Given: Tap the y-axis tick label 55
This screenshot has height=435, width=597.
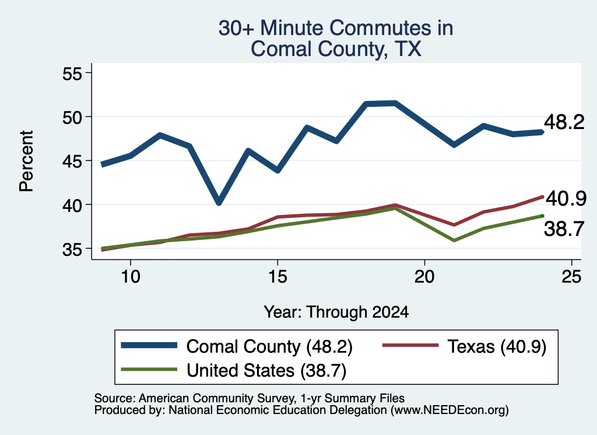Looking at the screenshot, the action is pyautogui.click(x=72, y=73).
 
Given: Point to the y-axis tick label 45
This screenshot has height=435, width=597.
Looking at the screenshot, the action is pyautogui.click(x=72, y=161).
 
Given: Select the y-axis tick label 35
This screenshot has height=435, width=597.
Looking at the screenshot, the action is pyautogui.click(x=72, y=249).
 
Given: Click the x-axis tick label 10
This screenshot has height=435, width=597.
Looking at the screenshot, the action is pyautogui.click(x=131, y=276).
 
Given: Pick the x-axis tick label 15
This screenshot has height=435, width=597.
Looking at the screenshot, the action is pyautogui.click(x=278, y=276).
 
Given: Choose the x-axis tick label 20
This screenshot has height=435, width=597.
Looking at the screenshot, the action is pyautogui.click(x=424, y=276).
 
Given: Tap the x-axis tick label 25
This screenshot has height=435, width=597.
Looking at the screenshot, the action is pyautogui.click(x=571, y=276).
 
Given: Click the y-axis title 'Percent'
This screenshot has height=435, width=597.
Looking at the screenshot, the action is pyautogui.click(x=27, y=161).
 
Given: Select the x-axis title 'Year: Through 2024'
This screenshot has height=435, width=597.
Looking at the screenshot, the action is pyautogui.click(x=336, y=312).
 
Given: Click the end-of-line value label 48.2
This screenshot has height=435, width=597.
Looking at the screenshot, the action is pyautogui.click(x=564, y=123).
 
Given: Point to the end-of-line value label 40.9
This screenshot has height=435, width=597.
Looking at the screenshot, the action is pyautogui.click(x=566, y=199).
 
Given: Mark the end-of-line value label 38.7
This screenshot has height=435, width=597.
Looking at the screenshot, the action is pyautogui.click(x=564, y=229).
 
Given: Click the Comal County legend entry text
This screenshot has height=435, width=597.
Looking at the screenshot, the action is pyautogui.click(x=269, y=347).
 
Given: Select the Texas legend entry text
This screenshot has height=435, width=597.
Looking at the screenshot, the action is pyautogui.click(x=497, y=347).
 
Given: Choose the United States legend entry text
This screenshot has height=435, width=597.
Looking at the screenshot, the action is pyautogui.click(x=266, y=370).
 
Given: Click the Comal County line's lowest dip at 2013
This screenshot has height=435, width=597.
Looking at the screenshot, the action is pyautogui.click(x=219, y=203).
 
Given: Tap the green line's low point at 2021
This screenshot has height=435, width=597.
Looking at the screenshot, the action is pyautogui.click(x=454, y=241).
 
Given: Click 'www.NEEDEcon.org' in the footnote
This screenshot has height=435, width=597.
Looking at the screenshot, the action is pyautogui.click(x=449, y=410).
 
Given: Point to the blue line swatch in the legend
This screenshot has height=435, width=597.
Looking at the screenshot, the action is pyautogui.click(x=149, y=346).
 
